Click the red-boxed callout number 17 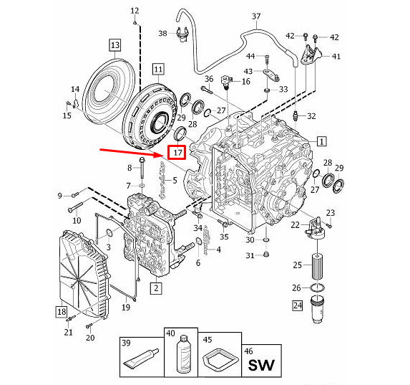[176, 152]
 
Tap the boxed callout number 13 [114, 45]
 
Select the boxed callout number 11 [157, 69]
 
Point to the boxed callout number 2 [155, 289]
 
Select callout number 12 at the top [135, 11]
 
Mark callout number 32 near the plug [311, 116]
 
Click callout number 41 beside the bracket [336, 56]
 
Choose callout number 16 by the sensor [245, 82]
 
